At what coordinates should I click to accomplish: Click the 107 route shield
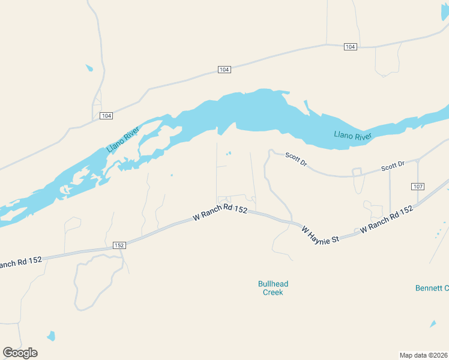(x=418, y=187)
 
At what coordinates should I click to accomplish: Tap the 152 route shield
(x=119, y=245)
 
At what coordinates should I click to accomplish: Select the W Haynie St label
(x=321, y=234)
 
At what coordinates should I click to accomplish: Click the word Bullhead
(x=273, y=283)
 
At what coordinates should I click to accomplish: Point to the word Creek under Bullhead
(x=273, y=292)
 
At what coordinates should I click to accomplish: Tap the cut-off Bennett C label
(x=432, y=288)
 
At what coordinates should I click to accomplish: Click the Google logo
(x=20, y=352)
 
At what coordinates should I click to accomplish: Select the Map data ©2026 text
(x=423, y=355)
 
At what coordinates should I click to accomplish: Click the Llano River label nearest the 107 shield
(x=352, y=136)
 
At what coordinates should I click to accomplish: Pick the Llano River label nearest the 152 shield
(x=122, y=139)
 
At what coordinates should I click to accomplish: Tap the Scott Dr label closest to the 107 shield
(x=394, y=166)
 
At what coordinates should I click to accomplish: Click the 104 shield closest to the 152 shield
(x=106, y=115)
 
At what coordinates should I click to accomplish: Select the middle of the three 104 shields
(x=224, y=70)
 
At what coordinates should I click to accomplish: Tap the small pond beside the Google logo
(x=51, y=336)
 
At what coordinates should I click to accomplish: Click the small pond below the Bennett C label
(x=433, y=324)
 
